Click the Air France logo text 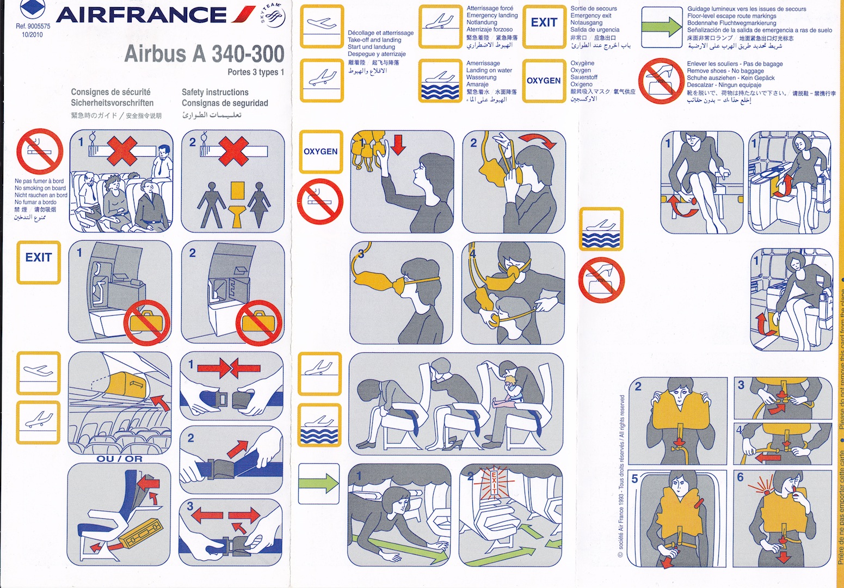pyautogui.click(x=141, y=15)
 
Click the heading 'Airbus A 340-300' pyautogui.click(x=204, y=54)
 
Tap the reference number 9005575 pyautogui.click(x=33, y=26)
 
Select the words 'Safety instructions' pyautogui.click(x=215, y=93)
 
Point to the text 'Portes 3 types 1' pyautogui.click(x=256, y=72)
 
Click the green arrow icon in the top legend pyautogui.click(x=661, y=27)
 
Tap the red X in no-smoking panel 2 pyautogui.click(x=234, y=150)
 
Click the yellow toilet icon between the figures pyautogui.click(x=237, y=204)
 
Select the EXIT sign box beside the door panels pyautogui.click(x=38, y=262)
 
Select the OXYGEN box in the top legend pyautogui.click(x=544, y=81)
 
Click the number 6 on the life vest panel pyautogui.click(x=740, y=477)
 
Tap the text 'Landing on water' pyautogui.click(x=489, y=70)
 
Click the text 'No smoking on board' pyautogui.click(x=40, y=188)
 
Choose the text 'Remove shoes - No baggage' pyautogui.click(x=725, y=71)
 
